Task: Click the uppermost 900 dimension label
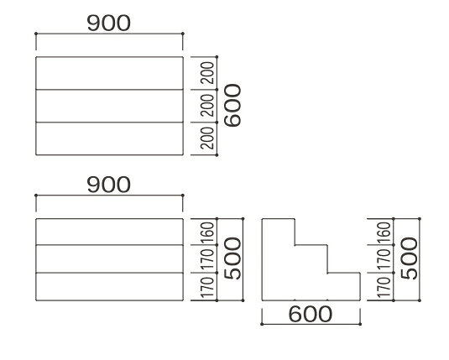(109, 23)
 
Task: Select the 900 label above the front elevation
(109, 185)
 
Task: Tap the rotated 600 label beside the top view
(232, 105)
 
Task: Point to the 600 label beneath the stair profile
(311, 314)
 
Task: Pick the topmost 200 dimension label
(207, 73)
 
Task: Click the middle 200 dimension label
(207, 106)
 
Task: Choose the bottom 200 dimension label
(207, 138)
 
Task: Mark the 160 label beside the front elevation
(207, 232)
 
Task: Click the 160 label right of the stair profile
(384, 232)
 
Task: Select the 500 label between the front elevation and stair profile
(232, 258)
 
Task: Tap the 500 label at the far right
(410, 258)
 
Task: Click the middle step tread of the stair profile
(311, 245)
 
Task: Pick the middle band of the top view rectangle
(109, 106)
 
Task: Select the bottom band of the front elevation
(109, 287)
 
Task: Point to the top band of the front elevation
(109, 232)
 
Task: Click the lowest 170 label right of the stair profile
(384, 287)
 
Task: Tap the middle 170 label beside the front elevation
(207, 259)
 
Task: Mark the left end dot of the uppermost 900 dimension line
(36, 34)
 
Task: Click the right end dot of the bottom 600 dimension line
(360, 324)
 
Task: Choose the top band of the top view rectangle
(109, 73)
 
